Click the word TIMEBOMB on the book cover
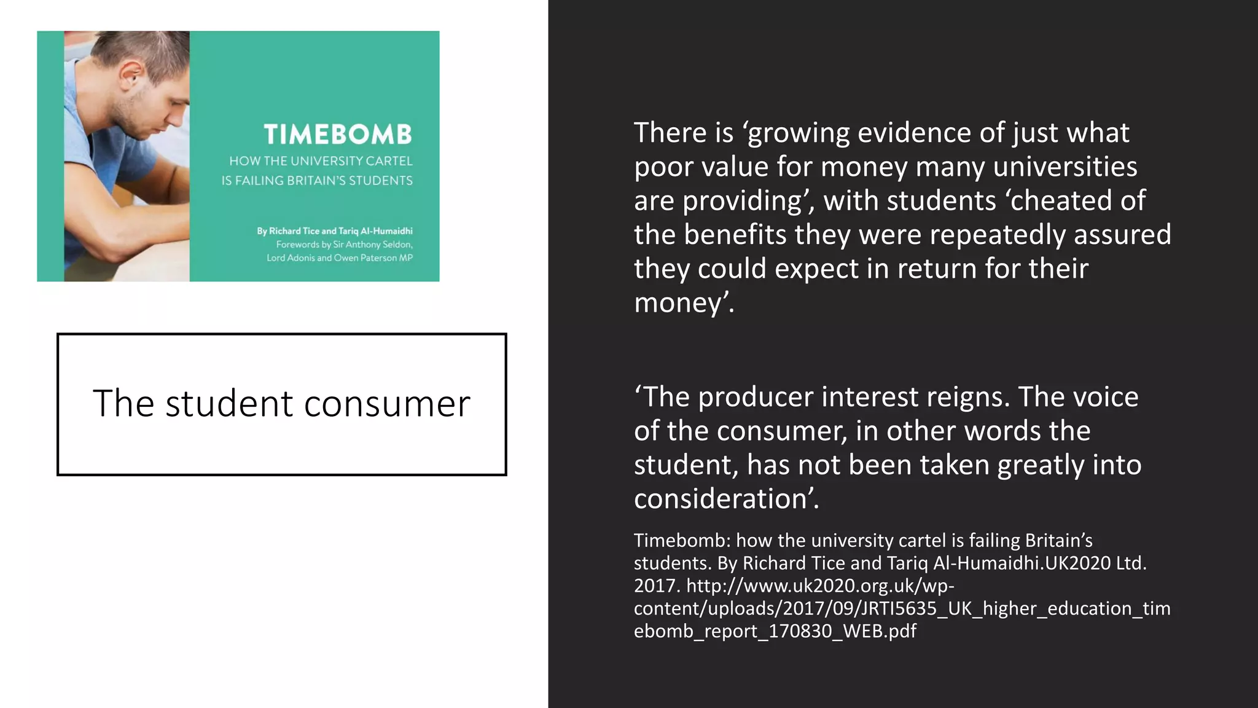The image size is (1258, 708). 338,135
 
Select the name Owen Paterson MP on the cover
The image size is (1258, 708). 373,258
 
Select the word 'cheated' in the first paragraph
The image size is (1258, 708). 1061,200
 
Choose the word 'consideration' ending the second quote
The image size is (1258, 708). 725,499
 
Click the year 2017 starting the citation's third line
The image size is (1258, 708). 655,586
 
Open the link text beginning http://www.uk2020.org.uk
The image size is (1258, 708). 820,586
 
